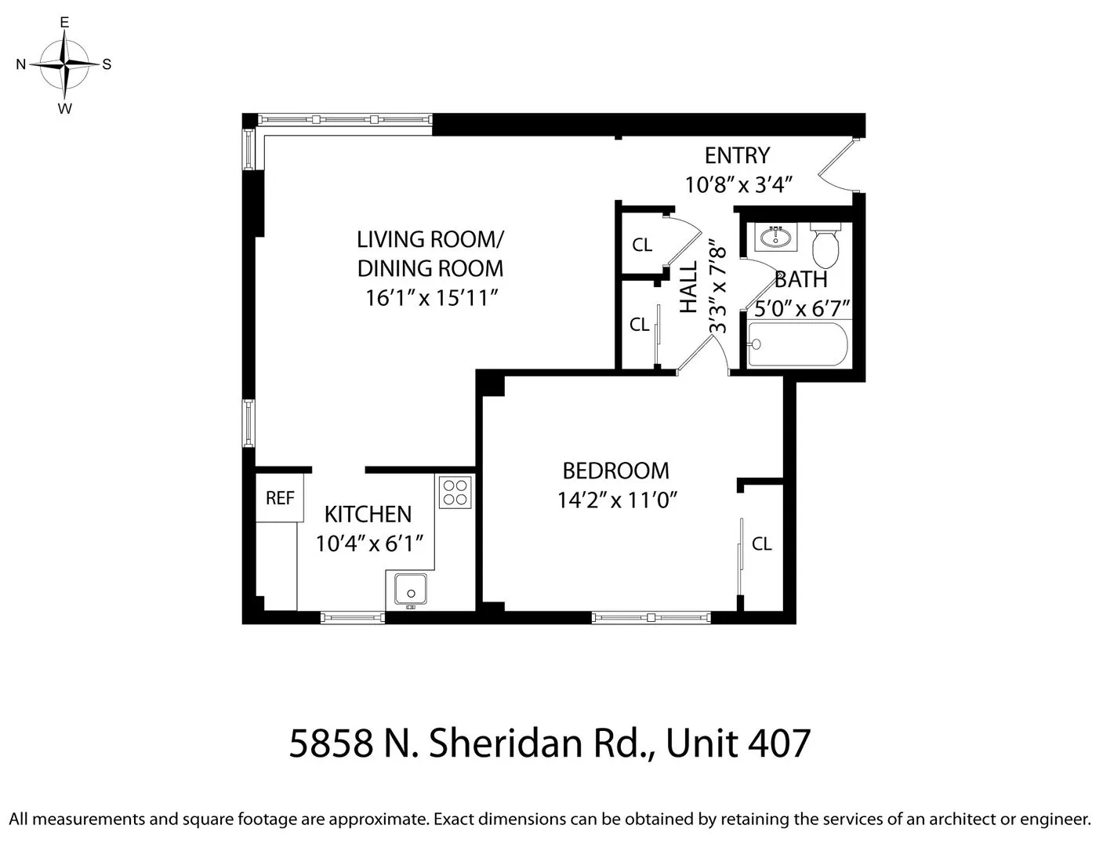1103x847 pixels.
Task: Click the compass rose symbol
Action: tap(65, 64)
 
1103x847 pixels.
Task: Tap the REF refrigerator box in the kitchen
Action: tap(280, 497)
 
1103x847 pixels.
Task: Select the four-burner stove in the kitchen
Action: tap(455, 492)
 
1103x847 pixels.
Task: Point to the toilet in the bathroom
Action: tap(825, 245)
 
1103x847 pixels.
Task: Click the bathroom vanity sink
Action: tap(777, 237)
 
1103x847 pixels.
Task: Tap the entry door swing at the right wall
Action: tap(840, 166)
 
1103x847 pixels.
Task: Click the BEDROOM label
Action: tap(615, 471)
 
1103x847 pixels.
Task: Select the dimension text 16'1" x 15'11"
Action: tap(432, 298)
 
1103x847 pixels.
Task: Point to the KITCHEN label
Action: tap(368, 514)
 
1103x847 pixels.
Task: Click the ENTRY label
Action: tap(737, 155)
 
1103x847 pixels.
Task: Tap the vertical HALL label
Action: tap(688, 288)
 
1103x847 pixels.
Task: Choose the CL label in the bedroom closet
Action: tap(761, 543)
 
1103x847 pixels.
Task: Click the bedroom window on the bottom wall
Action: tap(651, 618)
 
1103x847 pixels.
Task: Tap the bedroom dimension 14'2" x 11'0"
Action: tap(617, 500)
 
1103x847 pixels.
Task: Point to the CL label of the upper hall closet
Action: tap(642, 245)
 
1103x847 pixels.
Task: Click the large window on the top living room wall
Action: tap(345, 119)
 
